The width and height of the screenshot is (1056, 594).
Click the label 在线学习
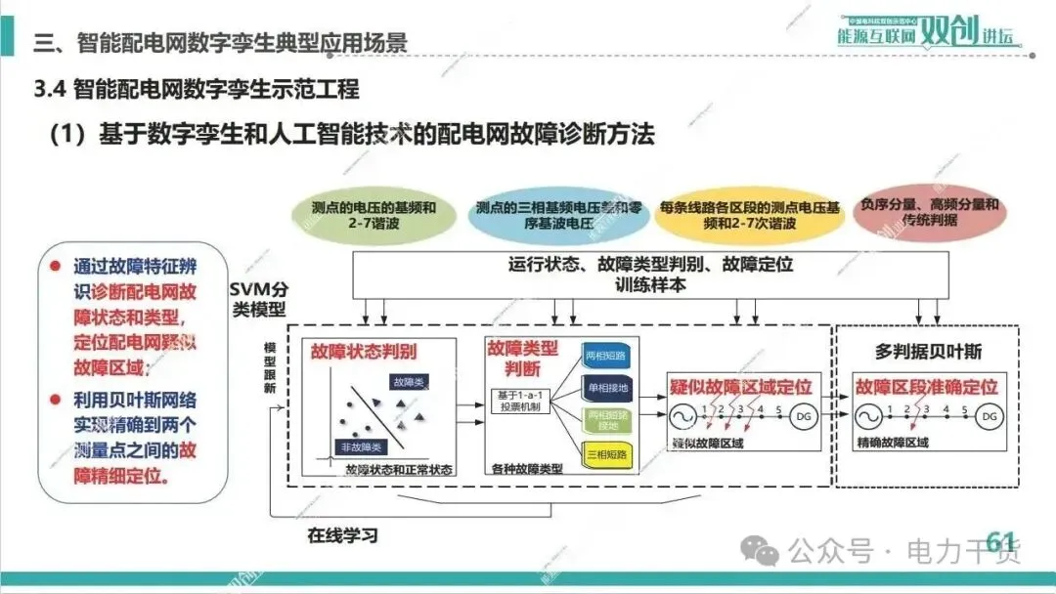(x=342, y=535)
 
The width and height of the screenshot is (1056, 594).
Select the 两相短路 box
(x=605, y=353)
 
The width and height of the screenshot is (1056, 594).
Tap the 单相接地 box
(x=605, y=388)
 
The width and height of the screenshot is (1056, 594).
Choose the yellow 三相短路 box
(x=605, y=453)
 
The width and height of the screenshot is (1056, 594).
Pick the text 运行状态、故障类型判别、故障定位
(x=650, y=264)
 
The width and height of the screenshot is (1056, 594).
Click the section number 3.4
(x=49, y=90)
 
